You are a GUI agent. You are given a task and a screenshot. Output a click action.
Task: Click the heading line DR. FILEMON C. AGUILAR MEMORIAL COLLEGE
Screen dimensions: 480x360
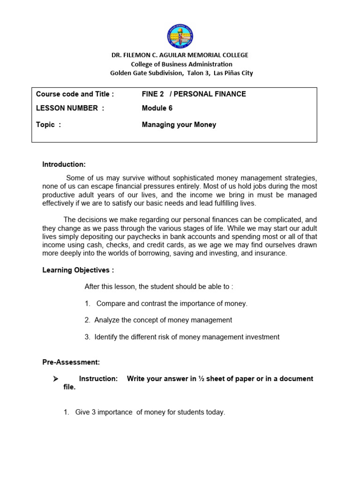pyautogui.click(x=180, y=55)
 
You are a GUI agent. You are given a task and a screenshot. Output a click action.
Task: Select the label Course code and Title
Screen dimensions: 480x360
pyautogui.click(x=75, y=94)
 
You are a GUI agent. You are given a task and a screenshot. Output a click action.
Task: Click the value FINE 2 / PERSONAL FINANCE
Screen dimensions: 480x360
pyautogui.click(x=194, y=94)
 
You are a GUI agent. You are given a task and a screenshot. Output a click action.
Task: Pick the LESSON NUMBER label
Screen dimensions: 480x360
pyautogui.click(x=70, y=108)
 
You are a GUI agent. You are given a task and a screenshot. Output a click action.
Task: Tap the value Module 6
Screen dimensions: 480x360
pyautogui.click(x=157, y=108)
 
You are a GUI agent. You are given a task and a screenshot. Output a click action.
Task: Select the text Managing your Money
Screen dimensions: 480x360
pyautogui.click(x=179, y=125)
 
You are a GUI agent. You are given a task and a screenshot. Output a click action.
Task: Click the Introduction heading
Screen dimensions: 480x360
pyautogui.click(x=64, y=165)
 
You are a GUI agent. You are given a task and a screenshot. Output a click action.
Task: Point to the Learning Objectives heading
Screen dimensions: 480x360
pyautogui.click(x=78, y=270)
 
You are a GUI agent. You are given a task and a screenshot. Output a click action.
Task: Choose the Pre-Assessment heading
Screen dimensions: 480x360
pyautogui.click(x=71, y=362)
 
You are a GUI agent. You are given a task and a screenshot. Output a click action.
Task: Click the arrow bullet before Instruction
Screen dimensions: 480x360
pyautogui.click(x=55, y=379)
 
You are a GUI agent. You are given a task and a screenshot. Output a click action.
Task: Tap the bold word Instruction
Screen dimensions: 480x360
pyautogui.click(x=98, y=379)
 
